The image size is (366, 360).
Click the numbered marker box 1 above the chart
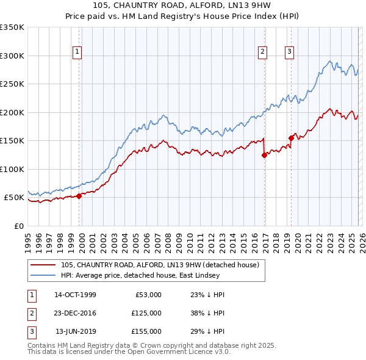(x=78, y=52)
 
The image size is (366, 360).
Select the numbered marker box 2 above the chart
(x=262, y=52)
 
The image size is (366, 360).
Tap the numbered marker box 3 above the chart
(x=289, y=52)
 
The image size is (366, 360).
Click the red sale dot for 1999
(x=79, y=196)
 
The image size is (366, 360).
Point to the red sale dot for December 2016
(x=264, y=155)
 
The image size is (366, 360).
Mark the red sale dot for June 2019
(x=291, y=138)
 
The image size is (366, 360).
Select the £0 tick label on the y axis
(x=19, y=226)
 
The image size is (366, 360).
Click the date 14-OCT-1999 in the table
(x=75, y=295)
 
